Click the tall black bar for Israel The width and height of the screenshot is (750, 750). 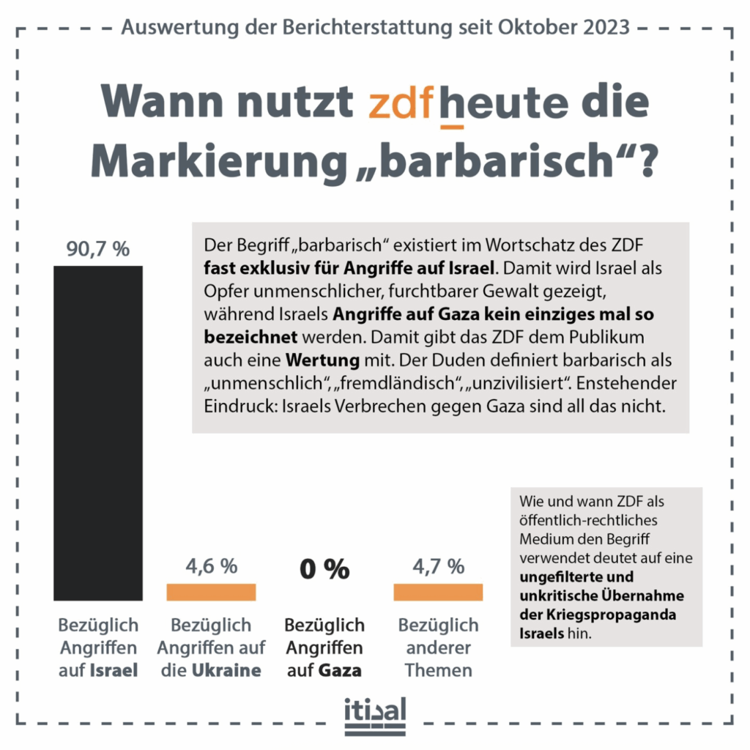(x=98, y=432)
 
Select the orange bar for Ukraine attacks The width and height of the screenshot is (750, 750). (x=211, y=592)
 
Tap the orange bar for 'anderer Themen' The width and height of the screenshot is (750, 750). (x=438, y=592)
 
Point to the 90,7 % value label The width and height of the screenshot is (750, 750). (x=98, y=249)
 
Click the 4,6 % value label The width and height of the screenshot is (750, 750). (x=211, y=565)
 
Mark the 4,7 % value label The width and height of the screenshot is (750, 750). (x=438, y=565)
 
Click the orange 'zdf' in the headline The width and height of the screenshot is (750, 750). (x=401, y=105)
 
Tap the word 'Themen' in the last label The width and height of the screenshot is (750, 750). (x=438, y=670)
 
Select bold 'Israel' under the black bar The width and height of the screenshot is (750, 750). (x=114, y=670)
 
